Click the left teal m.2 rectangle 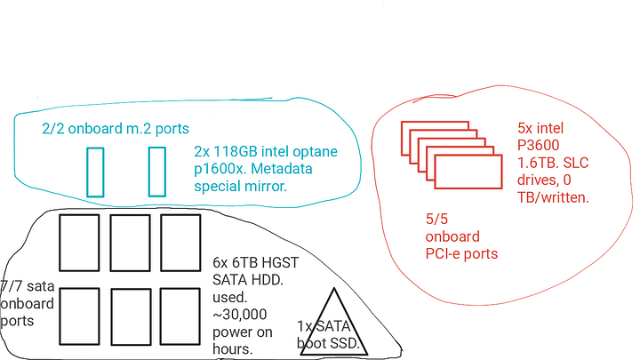95,172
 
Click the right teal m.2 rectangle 157,172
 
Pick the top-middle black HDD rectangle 131,242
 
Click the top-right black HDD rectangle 181,242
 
